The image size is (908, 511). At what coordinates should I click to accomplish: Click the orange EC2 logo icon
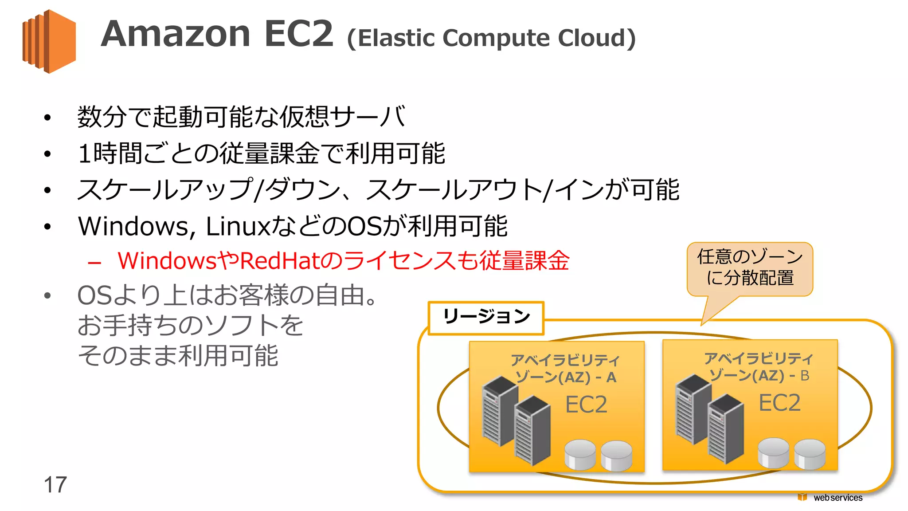click(x=49, y=41)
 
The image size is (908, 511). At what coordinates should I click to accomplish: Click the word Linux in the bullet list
click(x=238, y=226)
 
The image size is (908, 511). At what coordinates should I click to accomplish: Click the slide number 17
click(x=55, y=484)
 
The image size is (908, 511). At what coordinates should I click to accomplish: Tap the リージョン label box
click(x=486, y=318)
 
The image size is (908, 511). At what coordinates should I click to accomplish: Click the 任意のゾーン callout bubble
click(x=750, y=268)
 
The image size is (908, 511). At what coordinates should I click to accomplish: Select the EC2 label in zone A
click(x=586, y=405)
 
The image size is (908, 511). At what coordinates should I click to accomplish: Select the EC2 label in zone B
click(x=779, y=403)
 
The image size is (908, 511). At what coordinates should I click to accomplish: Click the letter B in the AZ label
click(x=805, y=376)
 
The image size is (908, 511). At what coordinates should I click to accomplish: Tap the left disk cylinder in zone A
click(x=580, y=454)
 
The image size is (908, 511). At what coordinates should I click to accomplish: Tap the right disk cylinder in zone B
click(x=810, y=453)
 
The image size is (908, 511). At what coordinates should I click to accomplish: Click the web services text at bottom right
click(x=838, y=498)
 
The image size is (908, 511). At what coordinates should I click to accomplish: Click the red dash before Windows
click(x=94, y=263)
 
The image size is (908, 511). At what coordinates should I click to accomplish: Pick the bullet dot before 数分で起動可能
click(x=47, y=118)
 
